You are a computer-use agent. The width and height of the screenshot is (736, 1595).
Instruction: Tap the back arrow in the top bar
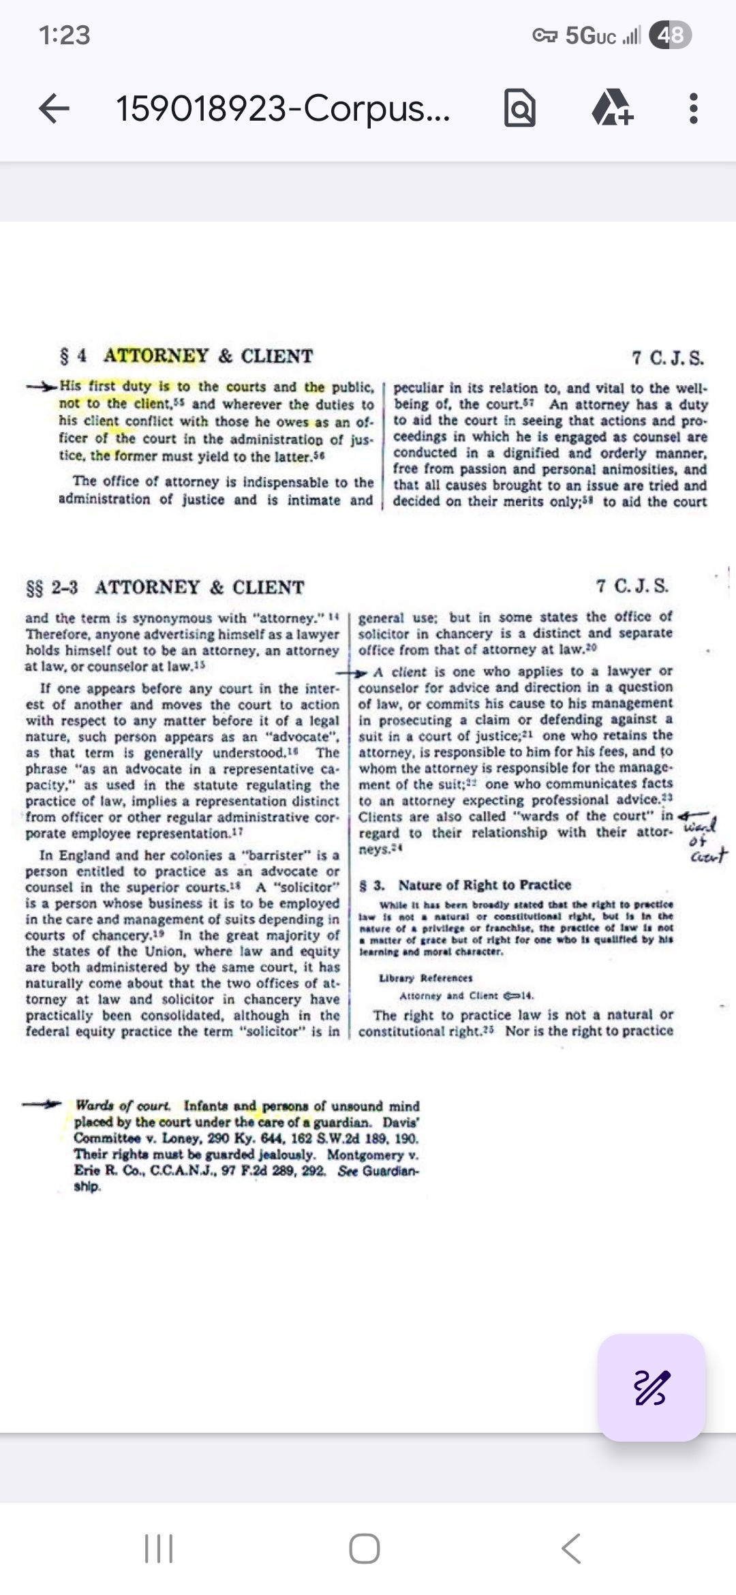pyautogui.click(x=55, y=108)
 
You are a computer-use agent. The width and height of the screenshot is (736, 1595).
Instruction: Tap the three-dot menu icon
pyautogui.click(x=693, y=108)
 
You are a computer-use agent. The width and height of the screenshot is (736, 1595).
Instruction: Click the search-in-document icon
pyautogui.click(x=519, y=109)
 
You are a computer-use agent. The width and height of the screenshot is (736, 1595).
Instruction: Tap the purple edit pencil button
pyautogui.click(x=651, y=1387)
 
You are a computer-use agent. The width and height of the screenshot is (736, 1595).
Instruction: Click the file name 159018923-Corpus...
pyautogui.click(x=283, y=108)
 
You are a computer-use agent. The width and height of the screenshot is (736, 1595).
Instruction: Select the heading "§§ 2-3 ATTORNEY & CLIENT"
pyautogui.click(x=165, y=587)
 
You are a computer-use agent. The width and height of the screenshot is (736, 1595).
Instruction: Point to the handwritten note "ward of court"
pyautogui.click(x=705, y=838)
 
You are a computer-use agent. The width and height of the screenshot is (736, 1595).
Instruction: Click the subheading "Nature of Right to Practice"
pyautogui.click(x=485, y=885)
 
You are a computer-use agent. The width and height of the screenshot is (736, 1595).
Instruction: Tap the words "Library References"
pyautogui.click(x=426, y=978)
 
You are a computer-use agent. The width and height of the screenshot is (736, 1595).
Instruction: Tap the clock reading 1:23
pyautogui.click(x=65, y=35)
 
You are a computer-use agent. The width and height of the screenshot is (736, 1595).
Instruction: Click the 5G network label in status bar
pyautogui.click(x=590, y=35)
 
